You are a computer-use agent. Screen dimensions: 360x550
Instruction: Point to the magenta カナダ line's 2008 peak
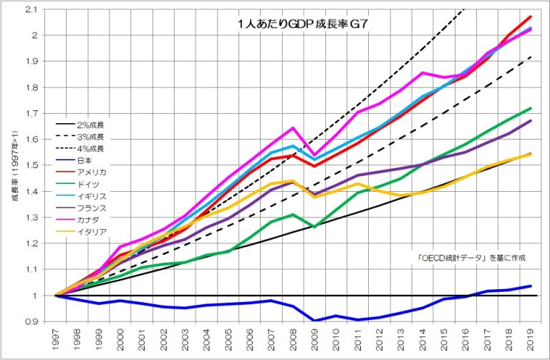(293, 128)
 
